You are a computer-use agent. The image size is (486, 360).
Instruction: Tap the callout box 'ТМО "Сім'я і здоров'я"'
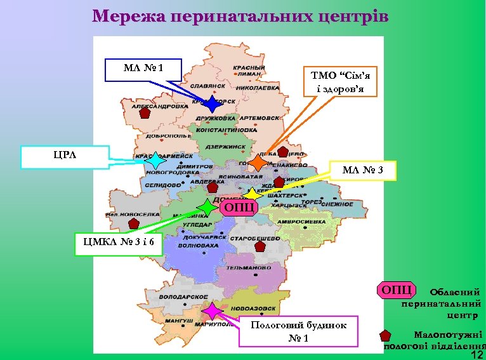[340, 81]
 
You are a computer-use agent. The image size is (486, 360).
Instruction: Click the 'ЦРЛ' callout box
[64, 157]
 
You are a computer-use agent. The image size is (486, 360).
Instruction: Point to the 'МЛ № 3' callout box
[362, 170]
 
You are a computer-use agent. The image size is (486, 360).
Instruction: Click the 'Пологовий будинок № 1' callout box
[298, 331]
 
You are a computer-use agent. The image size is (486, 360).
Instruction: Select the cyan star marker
[155, 161]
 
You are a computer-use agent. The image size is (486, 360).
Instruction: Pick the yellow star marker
[251, 194]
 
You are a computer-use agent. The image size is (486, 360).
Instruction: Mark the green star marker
[207, 207]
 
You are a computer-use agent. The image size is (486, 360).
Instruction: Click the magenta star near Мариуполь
[211, 311]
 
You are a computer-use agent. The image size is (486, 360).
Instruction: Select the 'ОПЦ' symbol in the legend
[397, 290]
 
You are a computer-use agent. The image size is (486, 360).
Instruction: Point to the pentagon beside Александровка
[145, 114]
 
